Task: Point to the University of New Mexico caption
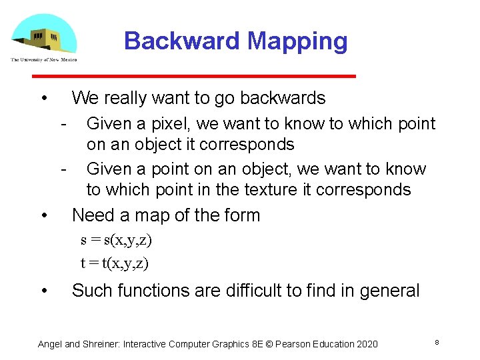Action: [44, 59]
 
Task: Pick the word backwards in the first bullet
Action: [283, 98]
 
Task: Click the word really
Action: [123, 98]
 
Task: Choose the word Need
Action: [91, 215]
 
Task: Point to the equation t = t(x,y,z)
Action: [115, 263]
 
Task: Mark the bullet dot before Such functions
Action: [43, 291]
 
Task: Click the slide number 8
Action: [436, 342]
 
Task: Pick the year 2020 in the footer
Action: [366, 344]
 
